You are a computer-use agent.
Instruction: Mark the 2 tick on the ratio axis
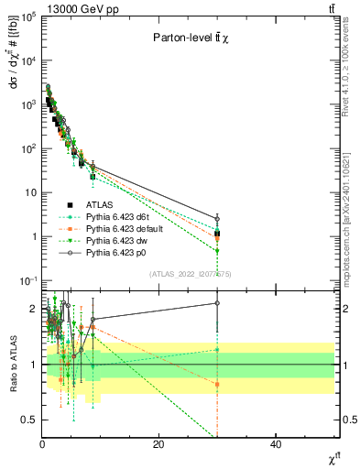(x=33, y=309)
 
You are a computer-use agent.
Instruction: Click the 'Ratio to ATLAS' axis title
(x=12, y=365)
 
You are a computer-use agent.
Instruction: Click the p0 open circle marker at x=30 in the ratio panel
(x=217, y=302)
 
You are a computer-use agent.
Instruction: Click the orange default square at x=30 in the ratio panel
(x=217, y=385)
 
